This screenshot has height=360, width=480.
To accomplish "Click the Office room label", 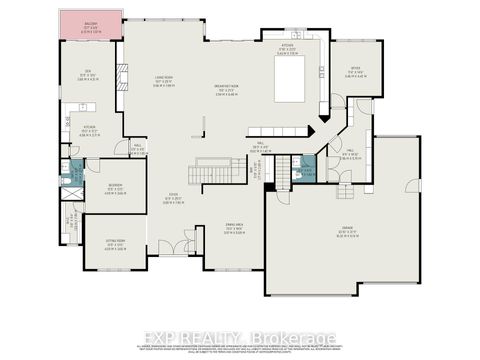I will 354,71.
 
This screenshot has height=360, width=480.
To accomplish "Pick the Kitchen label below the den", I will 89,130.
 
